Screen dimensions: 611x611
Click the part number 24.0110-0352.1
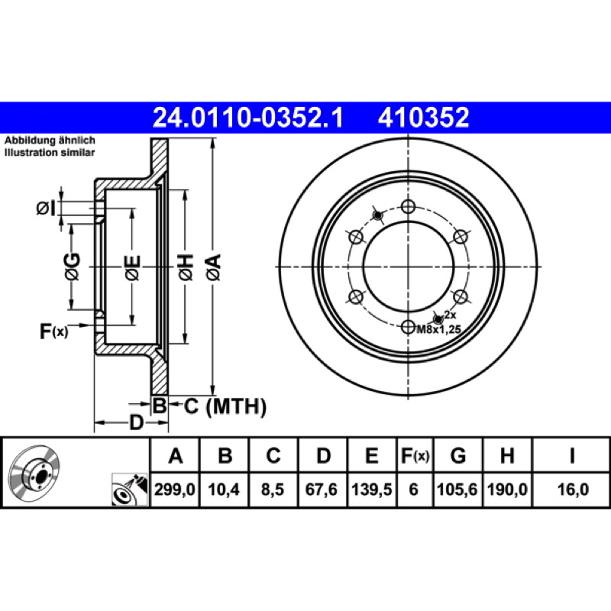[247, 118]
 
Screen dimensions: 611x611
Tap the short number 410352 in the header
[423, 118]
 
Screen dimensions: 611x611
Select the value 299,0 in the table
[175, 489]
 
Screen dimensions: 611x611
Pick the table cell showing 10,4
[224, 489]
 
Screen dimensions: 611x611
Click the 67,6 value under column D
[322, 489]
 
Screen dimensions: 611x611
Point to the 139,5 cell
[372, 489]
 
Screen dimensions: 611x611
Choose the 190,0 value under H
[507, 489]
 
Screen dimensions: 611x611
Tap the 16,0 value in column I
[573, 489]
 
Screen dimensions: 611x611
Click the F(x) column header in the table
[415, 455]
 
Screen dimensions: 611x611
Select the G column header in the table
[458, 455]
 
